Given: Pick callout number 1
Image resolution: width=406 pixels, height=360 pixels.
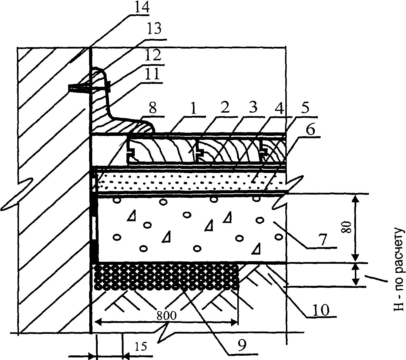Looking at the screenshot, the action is click(193, 109).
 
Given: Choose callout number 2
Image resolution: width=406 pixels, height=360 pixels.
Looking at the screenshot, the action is click(224, 109).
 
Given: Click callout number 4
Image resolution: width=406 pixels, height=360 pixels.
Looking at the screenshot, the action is click(280, 109).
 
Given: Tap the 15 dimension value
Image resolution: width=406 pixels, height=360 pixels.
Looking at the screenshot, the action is click(141, 346).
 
